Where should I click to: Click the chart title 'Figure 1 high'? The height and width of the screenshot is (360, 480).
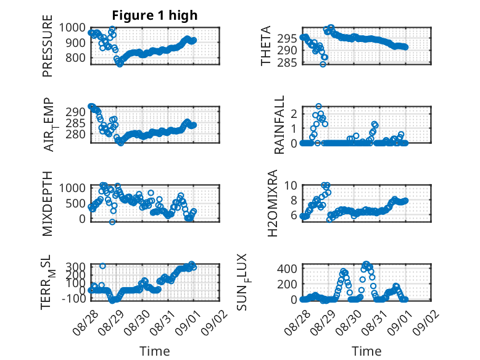point(155,15)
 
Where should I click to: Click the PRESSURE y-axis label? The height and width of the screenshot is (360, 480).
point(48,46)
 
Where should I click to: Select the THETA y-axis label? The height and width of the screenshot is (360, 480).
point(266,46)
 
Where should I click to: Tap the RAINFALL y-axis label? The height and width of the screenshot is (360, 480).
point(279,125)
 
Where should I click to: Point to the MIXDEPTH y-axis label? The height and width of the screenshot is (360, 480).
point(48,203)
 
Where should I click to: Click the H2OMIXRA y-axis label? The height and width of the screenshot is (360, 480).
point(272,203)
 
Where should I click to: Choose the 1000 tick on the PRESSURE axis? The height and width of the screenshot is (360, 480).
point(72,28)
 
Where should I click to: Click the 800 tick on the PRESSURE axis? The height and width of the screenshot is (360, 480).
point(75,57)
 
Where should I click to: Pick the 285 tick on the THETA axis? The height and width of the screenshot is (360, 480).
point(287,62)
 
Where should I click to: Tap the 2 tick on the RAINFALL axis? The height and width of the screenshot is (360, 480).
point(294,114)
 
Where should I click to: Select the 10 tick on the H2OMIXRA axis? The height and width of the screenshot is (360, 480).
point(291,185)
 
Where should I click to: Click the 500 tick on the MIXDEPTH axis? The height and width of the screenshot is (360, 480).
point(75,203)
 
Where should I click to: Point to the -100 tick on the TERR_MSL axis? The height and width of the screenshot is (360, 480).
point(74,298)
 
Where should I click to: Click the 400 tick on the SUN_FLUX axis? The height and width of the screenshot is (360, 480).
point(287,269)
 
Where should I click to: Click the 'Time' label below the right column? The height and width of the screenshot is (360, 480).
point(366,351)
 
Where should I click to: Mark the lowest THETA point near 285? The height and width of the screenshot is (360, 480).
point(323,64)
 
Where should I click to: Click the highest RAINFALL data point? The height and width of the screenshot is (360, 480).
point(319,106)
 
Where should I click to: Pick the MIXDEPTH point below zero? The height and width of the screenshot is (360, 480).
point(112,222)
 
